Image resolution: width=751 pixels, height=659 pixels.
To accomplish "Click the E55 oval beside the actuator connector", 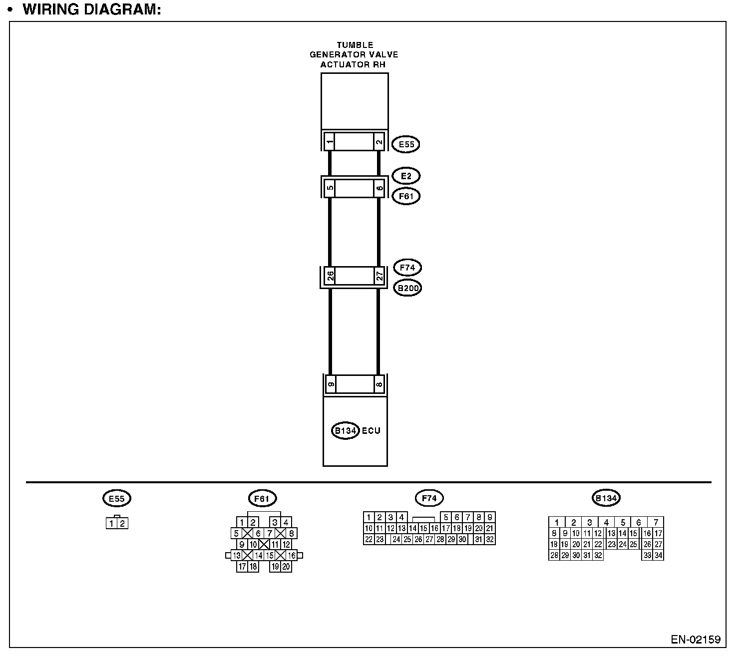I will pos(405,145).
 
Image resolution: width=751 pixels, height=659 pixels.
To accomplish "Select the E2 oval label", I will pos(406,176).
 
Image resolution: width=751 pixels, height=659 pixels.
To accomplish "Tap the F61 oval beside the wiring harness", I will pos(406,196).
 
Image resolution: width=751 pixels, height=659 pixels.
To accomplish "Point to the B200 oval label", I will pos(407,288).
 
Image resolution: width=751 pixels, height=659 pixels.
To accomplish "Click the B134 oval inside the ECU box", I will pos(345,431).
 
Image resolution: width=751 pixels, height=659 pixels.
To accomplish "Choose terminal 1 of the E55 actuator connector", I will pos(330,142).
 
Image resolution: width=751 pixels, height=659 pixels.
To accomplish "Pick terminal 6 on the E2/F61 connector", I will pos(379,189).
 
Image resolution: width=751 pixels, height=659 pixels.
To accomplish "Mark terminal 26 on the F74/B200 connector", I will pos(330,276).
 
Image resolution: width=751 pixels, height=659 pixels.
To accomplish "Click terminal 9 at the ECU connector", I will pos(330,384).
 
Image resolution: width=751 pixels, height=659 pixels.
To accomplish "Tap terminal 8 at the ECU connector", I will pos(379,384).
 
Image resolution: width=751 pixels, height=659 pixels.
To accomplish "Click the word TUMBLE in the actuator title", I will pos(355,45).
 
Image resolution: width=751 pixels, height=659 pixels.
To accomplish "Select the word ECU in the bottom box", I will pos(371,431).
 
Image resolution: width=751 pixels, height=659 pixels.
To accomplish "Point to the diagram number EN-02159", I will pos(695,640).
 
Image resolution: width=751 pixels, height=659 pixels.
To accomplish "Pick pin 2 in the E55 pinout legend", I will pos(122,524).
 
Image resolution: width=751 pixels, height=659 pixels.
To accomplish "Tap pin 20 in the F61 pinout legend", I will pos(286,567).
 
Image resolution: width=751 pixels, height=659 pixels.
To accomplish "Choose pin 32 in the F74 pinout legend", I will pos(490,539).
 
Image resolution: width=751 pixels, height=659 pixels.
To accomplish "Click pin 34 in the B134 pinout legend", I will pos(658,555).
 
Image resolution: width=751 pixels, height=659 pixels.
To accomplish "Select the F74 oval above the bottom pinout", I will pos(429,498).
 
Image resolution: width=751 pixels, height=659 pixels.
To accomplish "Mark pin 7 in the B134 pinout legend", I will pos(656,523).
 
